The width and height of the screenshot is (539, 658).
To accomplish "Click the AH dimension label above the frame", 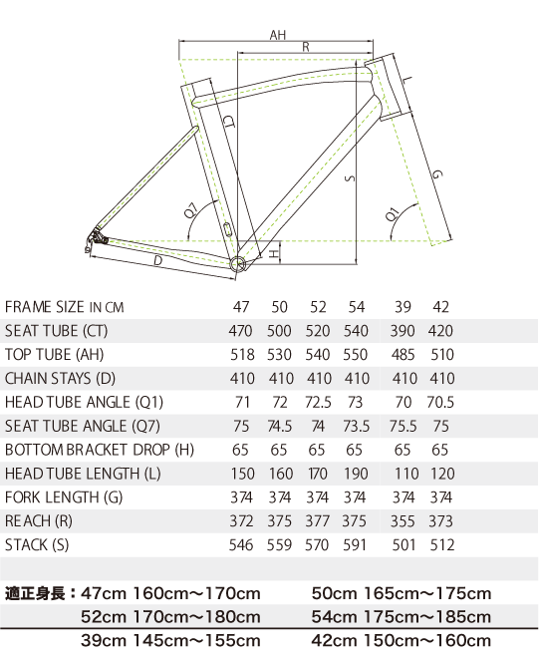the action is point(278,35).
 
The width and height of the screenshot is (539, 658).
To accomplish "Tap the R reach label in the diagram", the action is point(306,47).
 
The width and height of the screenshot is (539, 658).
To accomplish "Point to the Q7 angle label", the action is point(191,210).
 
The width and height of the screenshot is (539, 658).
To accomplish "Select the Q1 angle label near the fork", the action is point(393,214).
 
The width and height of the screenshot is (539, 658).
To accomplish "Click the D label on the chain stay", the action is point(157,260).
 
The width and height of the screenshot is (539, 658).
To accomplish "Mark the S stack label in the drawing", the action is point(350,178).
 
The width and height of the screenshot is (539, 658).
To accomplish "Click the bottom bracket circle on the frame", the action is point(237,263).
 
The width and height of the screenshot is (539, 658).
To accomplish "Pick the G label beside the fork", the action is point(437,173).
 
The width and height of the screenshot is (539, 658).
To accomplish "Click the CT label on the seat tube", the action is point(229,122).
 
